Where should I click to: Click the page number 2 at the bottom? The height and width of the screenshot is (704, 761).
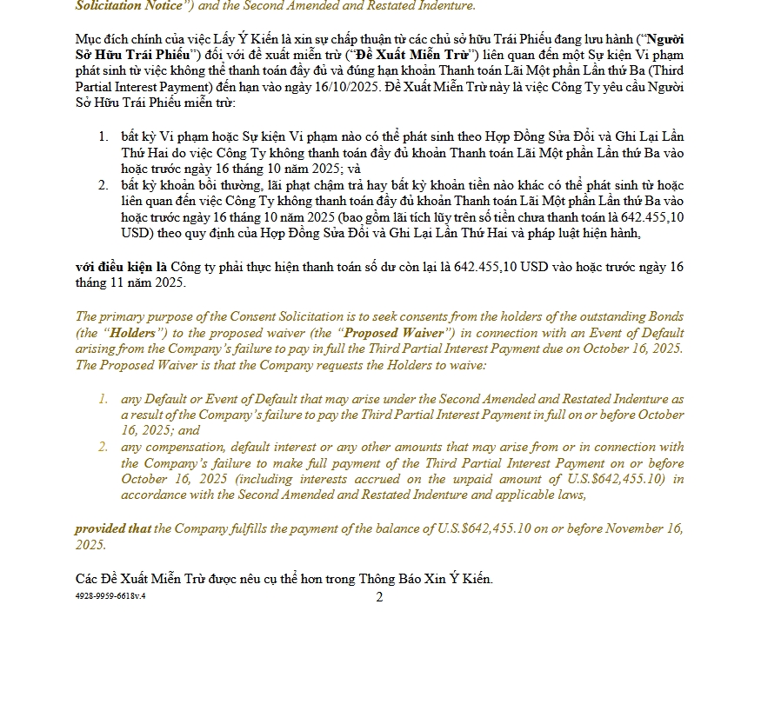tap(379, 597)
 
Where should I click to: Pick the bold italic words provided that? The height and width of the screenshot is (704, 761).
tap(112, 528)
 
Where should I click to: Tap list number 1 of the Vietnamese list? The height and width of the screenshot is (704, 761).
tap(103, 136)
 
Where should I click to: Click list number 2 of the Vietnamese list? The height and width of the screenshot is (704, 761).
tap(103, 185)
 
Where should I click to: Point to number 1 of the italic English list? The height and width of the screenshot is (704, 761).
tap(103, 399)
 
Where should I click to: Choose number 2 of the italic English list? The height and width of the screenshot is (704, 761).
tap(103, 448)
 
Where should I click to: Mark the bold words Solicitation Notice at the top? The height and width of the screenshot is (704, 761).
tap(126, 6)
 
